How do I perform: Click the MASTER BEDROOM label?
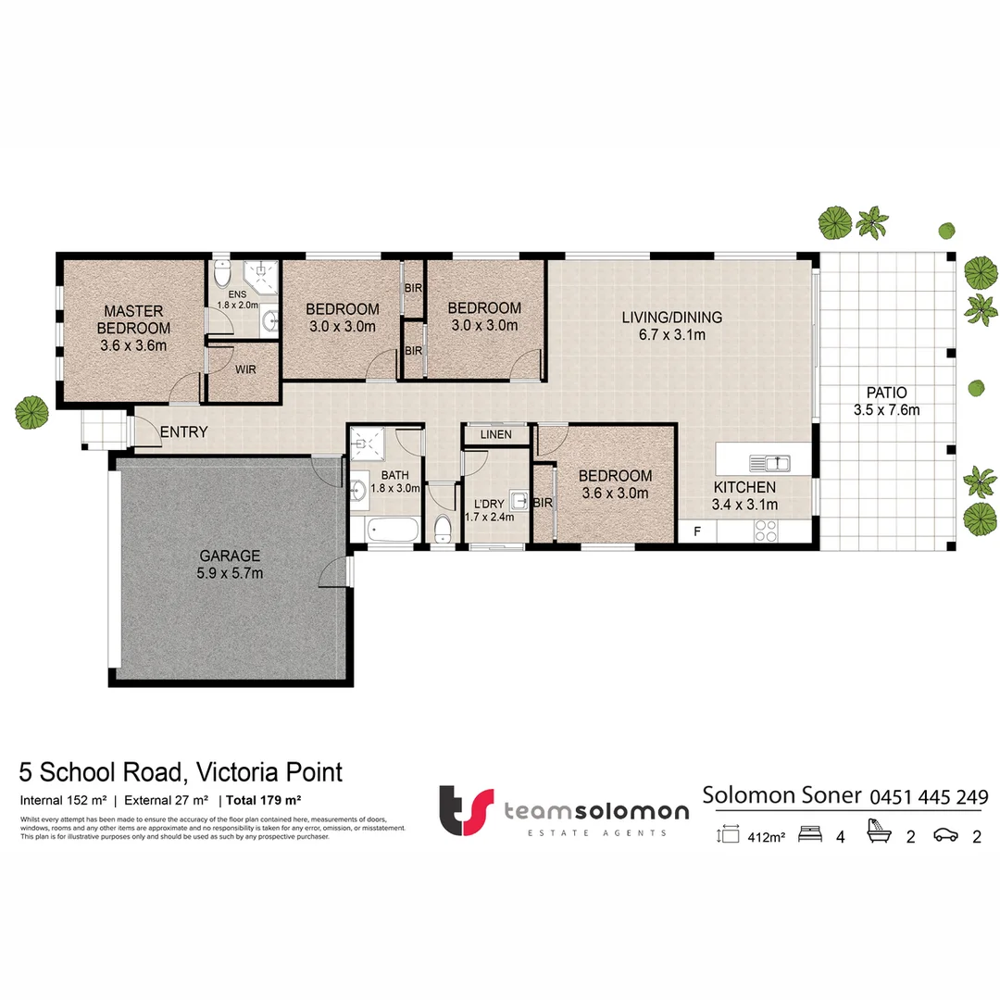(x=133, y=319)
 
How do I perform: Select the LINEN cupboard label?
(x=495, y=434)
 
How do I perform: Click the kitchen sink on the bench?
(x=769, y=460)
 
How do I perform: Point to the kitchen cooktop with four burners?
(x=767, y=531)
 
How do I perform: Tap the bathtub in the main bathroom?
(x=384, y=531)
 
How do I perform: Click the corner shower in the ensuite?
(x=262, y=272)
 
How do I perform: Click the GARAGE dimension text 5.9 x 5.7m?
(x=230, y=573)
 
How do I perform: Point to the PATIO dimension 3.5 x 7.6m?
(x=886, y=410)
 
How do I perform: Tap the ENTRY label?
(x=183, y=432)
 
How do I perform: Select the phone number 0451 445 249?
(x=928, y=796)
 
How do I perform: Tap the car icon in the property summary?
(x=944, y=835)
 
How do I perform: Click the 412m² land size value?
(x=765, y=837)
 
